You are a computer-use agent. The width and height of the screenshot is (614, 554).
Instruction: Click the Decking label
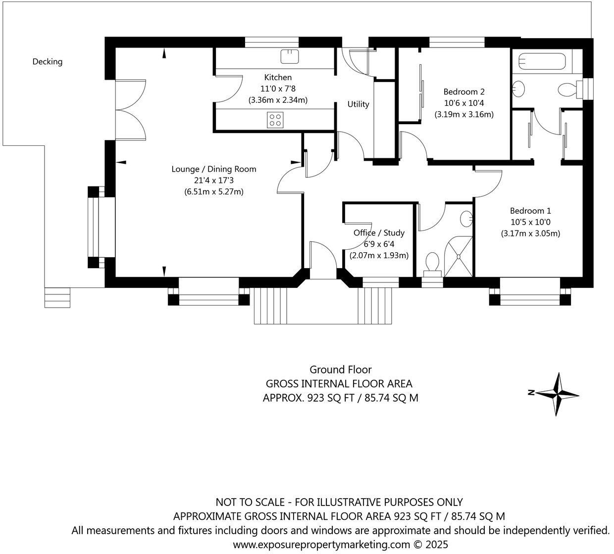click(48, 62)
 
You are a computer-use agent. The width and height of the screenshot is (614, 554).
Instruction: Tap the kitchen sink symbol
click(290, 57)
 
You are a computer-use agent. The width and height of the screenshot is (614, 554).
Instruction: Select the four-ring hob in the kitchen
click(275, 120)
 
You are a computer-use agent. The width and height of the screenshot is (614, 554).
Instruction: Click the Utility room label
click(358, 104)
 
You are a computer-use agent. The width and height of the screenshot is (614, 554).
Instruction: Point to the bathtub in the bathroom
click(541, 62)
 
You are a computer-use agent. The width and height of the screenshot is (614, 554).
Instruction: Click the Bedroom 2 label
click(464, 92)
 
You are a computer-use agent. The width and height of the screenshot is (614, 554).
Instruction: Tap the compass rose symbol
click(559, 394)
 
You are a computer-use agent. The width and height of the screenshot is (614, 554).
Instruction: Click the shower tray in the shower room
click(458, 257)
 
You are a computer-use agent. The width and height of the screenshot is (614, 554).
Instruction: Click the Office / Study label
click(379, 232)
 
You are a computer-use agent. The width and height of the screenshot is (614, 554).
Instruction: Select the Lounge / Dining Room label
click(214, 169)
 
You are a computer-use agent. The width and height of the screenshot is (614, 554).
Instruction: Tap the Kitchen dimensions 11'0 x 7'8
click(278, 89)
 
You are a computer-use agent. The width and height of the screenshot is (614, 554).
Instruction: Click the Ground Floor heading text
click(340, 369)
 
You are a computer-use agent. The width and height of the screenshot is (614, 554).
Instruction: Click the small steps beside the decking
click(57, 297)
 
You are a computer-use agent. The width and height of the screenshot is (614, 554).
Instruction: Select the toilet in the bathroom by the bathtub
click(567, 90)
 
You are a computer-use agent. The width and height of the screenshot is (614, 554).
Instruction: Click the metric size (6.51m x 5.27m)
click(214, 192)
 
